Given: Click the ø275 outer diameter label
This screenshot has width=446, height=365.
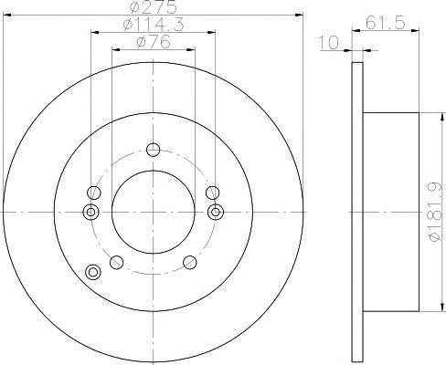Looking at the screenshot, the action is point(153,7).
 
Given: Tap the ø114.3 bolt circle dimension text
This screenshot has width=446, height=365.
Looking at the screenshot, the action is point(154,26).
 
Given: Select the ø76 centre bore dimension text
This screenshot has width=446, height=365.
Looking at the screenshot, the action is point(154,42).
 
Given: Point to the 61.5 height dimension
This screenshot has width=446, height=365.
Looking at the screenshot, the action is point(385,23).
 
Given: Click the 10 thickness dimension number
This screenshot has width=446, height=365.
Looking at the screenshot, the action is point(328,42).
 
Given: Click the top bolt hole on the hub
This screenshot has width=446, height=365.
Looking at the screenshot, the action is point(153,150).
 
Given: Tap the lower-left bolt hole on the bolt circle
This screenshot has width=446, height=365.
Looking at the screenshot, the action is point(116,262).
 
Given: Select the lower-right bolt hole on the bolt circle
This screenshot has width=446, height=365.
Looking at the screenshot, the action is point(190,262).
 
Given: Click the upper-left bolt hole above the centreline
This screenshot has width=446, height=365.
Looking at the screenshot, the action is point(94,193).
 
